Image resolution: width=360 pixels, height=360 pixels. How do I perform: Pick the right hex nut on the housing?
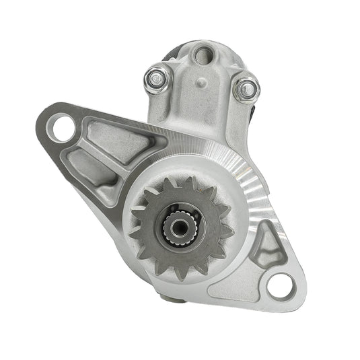(x=248, y=87)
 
